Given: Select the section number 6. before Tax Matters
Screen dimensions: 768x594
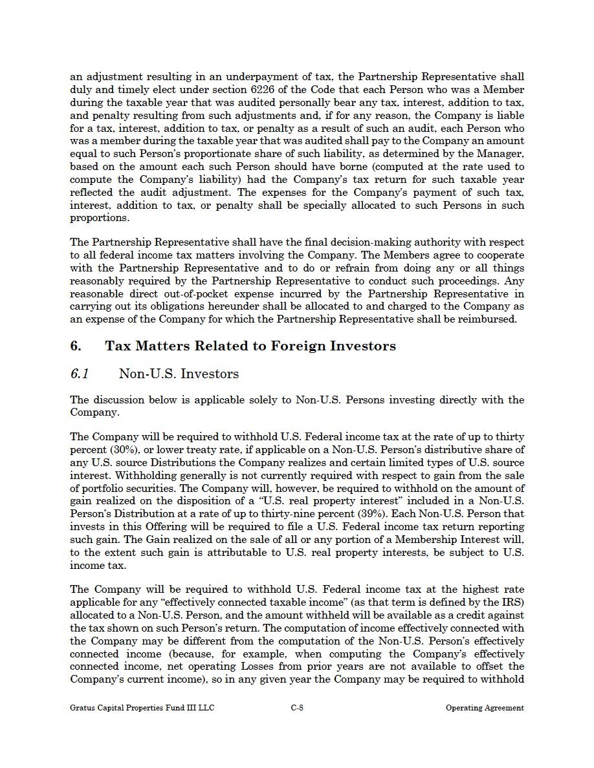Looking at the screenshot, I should point(76,346).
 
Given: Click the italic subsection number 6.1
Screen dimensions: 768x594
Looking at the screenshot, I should point(80,374).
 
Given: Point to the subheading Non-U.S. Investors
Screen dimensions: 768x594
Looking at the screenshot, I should point(179,374).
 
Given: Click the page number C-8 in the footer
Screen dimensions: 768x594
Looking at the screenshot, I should point(297,708).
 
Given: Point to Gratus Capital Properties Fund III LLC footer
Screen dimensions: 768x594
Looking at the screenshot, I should point(142,708).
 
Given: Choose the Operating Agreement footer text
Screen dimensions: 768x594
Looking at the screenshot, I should point(485,708).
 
